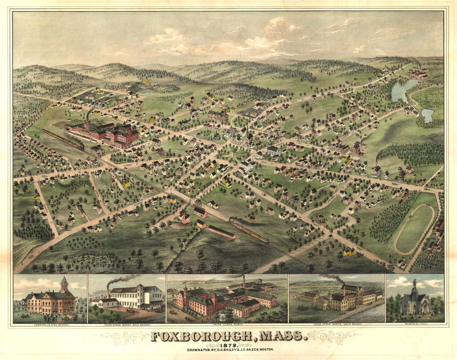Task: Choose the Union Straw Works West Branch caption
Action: (x=127, y=325)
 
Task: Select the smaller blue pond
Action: (x=427, y=115)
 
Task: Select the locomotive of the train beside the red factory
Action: (x=80, y=145)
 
